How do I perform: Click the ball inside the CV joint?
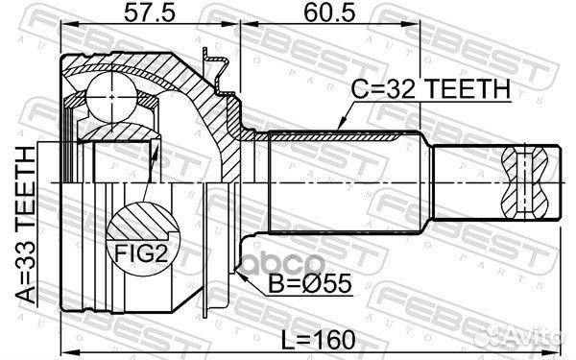click(x=108, y=98)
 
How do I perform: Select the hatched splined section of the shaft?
click(x=336, y=138)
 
